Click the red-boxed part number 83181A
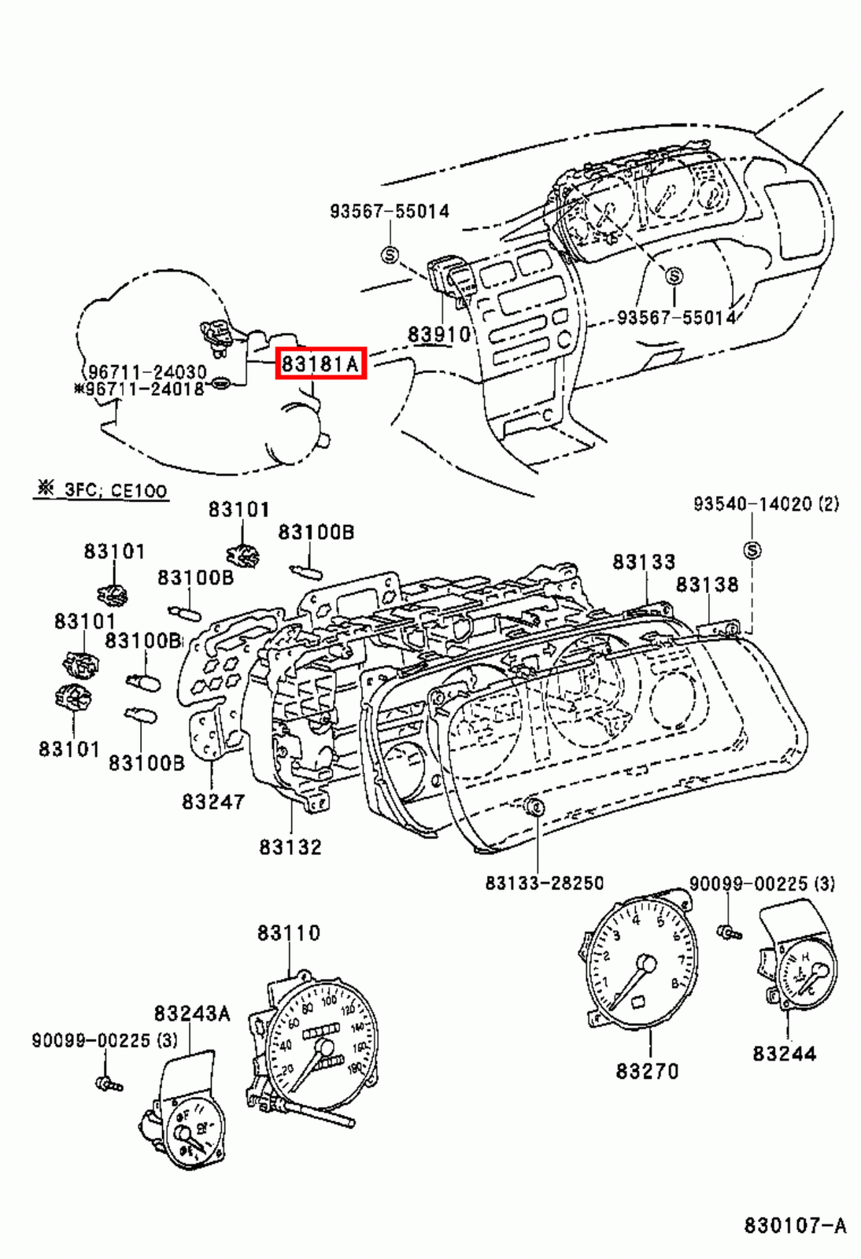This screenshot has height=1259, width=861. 320,364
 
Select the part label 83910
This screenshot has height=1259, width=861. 438,334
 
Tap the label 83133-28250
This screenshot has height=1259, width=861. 544,883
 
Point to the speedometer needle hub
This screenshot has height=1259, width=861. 323,1048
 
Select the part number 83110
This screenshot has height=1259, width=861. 289,933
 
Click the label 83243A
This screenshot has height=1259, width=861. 192,1013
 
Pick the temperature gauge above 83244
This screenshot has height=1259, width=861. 803,976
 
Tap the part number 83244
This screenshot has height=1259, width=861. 784,1053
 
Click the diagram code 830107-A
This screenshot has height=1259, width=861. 795,1225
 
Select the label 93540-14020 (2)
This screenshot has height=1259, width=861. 765,504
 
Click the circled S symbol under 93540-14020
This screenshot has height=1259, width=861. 752,551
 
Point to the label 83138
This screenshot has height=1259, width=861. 707,585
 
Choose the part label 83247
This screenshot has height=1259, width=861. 213,801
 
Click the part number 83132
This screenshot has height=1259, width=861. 290,847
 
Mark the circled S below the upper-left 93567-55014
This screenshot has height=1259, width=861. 390,254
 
